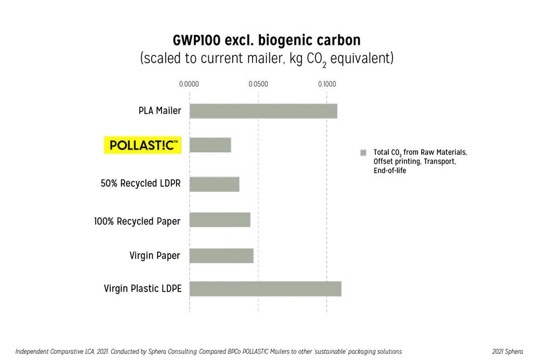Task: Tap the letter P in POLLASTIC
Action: tap(114, 146)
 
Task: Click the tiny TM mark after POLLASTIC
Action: tap(177, 142)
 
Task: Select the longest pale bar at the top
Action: tap(264, 111)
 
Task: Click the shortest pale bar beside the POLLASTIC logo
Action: tap(210, 145)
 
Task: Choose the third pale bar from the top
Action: tap(214, 185)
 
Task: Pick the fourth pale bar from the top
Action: tap(219, 220)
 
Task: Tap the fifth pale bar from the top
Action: tap(221, 256)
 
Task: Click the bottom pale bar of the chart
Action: tap(265, 289)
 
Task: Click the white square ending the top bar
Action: tap(341, 111)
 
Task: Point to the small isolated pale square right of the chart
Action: tap(363, 153)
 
